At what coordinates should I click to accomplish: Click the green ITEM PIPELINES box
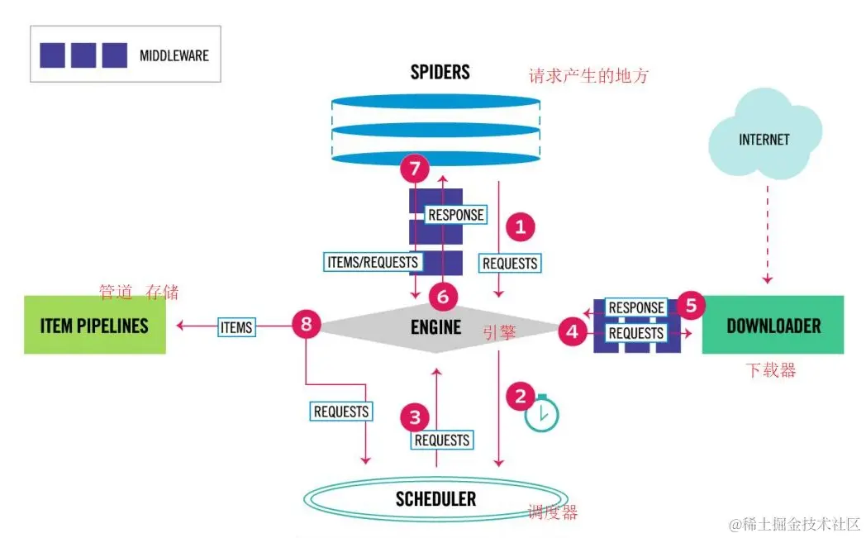pyautogui.click(x=94, y=325)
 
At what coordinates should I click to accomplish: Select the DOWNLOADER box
pyautogui.click(x=773, y=325)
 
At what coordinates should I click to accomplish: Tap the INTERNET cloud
pyautogui.click(x=764, y=140)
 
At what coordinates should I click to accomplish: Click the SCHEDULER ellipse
pyautogui.click(x=435, y=498)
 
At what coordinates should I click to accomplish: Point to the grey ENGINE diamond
pyautogui.click(x=436, y=326)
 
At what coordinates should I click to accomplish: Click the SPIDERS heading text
pyautogui.click(x=440, y=73)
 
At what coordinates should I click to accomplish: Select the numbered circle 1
pyautogui.click(x=520, y=226)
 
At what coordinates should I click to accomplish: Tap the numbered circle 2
pyautogui.click(x=520, y=396)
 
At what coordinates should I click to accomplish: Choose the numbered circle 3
pyautogui.click(x=415, y=417)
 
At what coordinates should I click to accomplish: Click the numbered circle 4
pyautogui.click(x=571, y=332)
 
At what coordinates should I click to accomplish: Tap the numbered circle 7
pyautogui.click(x=415, y=171)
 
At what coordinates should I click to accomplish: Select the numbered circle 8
pyautogui.click(x=307, y=324)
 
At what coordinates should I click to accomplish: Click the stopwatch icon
pyautogui.click(x=542, y=414)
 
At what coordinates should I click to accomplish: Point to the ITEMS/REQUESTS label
pyautogui.click(x=372, y=262)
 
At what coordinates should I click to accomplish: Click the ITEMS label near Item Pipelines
pyautogui.click(x=236, y=327)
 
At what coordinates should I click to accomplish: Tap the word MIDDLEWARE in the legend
pyautogui.click(x=174, y=56)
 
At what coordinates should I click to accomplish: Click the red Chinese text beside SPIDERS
pyautogui.click(x=588, y=76)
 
